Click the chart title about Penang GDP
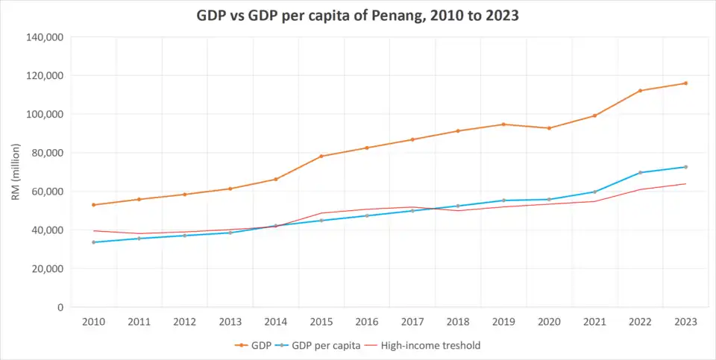click(357, 14)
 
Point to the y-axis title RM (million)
click(16, 172)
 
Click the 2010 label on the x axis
click(93, 322)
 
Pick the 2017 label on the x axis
click(412, 322)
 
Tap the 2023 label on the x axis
click(685, 322)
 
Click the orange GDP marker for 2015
click(321, 157)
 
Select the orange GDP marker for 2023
click(685, 83)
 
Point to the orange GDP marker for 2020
click(549, 128)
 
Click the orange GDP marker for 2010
click(93, 205)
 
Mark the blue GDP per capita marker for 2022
click(640, 173)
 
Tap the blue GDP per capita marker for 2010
click(93, 242)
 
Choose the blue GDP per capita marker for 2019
click(503, 200)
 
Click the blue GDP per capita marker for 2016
click(367, 215)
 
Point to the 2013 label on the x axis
click(230, 322)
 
